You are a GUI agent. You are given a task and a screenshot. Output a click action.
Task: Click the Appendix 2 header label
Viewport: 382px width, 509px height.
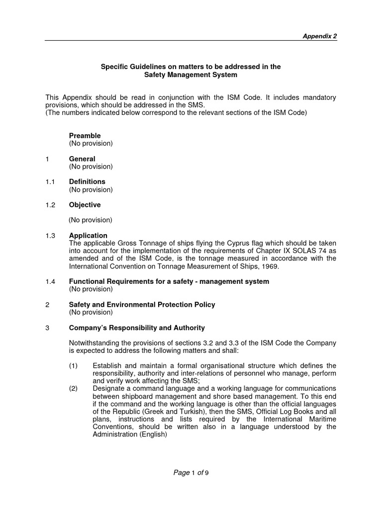320,36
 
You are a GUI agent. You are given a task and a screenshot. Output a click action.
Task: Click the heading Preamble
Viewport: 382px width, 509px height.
85,136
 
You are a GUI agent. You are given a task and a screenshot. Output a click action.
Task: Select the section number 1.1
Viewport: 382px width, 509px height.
50,182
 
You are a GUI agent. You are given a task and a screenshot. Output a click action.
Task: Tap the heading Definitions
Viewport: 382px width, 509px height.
87,182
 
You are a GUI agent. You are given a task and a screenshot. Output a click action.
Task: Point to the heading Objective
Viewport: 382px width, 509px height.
85,205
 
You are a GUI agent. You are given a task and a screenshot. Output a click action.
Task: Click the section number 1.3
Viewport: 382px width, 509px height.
50,236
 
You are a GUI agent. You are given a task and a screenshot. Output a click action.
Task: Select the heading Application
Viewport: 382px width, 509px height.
88,236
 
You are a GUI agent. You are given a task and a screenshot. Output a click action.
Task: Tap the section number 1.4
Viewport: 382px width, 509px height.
50,282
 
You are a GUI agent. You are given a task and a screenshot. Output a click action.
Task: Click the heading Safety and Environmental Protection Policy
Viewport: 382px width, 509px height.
142,305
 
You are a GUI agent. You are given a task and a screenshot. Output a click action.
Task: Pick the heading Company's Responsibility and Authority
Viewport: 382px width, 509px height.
137,328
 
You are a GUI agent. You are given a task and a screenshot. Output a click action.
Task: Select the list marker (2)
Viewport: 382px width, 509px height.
74,388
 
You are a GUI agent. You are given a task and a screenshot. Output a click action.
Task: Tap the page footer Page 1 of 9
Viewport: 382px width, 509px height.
191,473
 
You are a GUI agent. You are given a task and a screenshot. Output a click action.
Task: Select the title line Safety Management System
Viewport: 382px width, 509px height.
191,75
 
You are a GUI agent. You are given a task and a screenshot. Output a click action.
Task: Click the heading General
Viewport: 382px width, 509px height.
82,159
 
